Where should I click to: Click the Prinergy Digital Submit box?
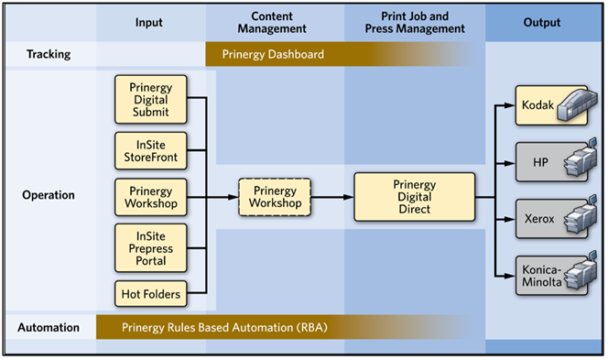[x=151, y=98]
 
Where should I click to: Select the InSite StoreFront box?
[x=151, y=150]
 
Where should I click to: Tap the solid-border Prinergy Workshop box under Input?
[x=151, y=195]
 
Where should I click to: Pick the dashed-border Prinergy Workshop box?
[x=275, y=195]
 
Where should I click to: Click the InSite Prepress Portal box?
[x=151, y=247]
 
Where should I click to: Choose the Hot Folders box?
[x=151, y=293]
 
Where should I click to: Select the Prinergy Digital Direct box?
[x=414, y=196]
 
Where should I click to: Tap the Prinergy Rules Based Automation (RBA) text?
[x=224, y=326]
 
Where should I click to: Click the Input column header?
[x=148, y=22]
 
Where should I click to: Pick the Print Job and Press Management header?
[x=414, y=22]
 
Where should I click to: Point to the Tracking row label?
[x=48, y=54]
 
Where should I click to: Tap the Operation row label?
[x=48, y=195]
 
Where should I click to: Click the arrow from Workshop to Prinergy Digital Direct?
[x=331, y=196]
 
